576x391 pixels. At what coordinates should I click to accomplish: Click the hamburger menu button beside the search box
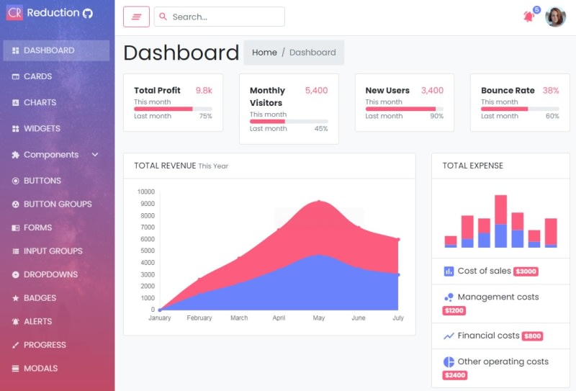click(x=136, y=17)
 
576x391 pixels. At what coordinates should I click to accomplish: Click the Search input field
click(x=219, y=17)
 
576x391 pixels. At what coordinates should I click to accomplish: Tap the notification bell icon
click(x=528, y=17)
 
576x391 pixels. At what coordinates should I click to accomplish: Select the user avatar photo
click(x=555, y=17)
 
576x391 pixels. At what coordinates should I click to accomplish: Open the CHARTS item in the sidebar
click(x=40, y=102)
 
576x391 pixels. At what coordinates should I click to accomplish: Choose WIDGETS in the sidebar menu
click(x=42, y=128)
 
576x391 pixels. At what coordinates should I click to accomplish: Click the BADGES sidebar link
click(x=40, y=298)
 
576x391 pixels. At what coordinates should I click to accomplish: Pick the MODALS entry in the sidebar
click(x=40, y=368)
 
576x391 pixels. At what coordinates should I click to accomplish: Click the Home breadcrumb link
click(x=264, y=53)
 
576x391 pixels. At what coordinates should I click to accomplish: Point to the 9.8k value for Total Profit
click(x=204, y=91)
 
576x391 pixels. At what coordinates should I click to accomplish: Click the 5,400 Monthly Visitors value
click(x=316, y=91)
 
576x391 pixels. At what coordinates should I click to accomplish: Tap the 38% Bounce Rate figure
click(x=551, y=91)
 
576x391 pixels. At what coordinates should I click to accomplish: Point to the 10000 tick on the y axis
click(x=145, y=192)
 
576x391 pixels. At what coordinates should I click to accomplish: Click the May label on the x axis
click(x=318, y=318)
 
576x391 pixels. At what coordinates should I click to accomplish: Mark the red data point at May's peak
click(x=319, y=202)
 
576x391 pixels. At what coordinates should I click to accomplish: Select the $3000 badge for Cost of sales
click(x=526, y=271)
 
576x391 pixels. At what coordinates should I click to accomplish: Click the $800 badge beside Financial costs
click(x=532, y=336)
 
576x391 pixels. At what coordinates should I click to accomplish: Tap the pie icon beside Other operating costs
click(x=449, y=361)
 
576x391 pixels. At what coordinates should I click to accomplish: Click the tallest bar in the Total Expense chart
click(x=500, y=221)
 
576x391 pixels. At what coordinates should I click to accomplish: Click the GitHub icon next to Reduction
click(x=88, y=13)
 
